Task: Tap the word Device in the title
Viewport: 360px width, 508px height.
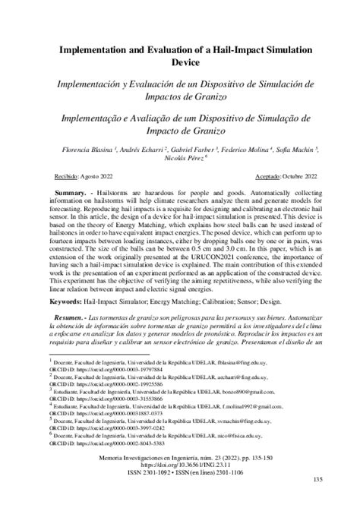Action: pyautogui.click(x=179, y=65)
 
